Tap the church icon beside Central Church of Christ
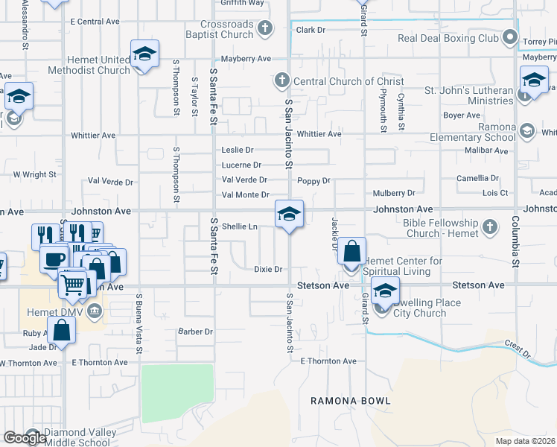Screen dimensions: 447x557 281,80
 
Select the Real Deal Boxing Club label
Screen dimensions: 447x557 448,38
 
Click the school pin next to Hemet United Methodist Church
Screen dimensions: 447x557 145,54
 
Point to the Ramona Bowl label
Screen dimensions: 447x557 351,401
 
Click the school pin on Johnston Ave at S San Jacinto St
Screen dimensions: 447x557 289,215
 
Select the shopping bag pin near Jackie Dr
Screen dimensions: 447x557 352,251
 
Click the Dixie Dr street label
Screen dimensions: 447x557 268,269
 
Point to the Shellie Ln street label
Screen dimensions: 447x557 240,226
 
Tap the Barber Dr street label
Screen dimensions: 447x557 195,332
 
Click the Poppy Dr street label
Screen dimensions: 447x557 313,180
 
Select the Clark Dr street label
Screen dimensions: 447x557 311,30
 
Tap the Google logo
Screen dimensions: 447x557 25,438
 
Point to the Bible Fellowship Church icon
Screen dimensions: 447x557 489,226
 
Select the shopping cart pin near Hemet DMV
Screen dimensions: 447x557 73,283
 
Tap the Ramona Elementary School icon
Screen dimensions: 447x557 527,132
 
